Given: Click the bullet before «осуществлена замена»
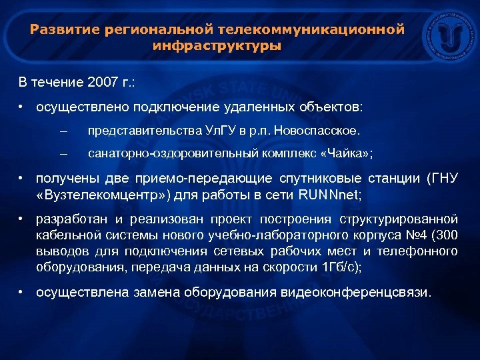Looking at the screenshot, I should point(22,293).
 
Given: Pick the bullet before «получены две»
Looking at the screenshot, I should point(22,178).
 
